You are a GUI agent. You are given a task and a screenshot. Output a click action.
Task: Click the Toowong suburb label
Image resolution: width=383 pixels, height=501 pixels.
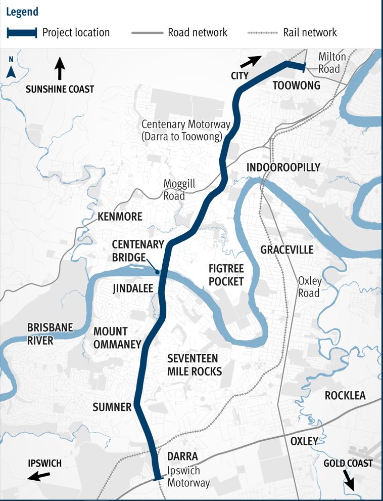296,86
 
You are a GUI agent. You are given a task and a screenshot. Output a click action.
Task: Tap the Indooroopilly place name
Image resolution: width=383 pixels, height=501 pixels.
283,168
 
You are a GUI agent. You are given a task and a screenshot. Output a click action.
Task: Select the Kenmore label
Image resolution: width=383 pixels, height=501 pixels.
120,217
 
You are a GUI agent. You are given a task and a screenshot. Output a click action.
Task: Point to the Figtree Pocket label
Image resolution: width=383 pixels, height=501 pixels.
226,275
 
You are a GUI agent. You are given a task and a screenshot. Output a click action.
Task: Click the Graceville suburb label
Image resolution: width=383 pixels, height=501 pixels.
286,249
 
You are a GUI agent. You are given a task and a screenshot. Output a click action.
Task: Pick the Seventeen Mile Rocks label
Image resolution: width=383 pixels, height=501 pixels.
195,365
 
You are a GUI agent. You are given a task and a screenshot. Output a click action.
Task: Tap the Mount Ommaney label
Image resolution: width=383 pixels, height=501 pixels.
117,338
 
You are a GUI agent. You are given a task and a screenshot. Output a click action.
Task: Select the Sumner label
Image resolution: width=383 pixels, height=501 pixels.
112,406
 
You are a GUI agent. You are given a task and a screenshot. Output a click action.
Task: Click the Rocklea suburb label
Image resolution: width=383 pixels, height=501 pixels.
345,395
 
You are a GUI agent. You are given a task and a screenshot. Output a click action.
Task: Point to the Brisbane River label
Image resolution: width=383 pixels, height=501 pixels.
50,334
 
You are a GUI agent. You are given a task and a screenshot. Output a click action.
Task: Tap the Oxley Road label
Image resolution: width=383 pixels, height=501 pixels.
309,287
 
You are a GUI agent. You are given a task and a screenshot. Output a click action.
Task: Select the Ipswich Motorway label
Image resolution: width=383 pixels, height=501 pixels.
188,477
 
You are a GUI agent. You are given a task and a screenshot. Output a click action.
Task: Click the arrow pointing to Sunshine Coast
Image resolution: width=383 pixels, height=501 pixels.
60,69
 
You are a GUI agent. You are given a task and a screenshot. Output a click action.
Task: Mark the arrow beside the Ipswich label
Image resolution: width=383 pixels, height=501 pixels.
39,476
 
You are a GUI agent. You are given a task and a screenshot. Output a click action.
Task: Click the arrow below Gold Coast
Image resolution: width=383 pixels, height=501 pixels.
349,478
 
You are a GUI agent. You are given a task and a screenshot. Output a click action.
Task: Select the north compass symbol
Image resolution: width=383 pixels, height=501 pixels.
11,68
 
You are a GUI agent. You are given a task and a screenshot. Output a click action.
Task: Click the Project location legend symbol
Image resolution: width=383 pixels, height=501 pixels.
22,33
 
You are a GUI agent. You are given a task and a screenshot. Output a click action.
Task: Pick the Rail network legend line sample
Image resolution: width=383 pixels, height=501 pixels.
263,33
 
